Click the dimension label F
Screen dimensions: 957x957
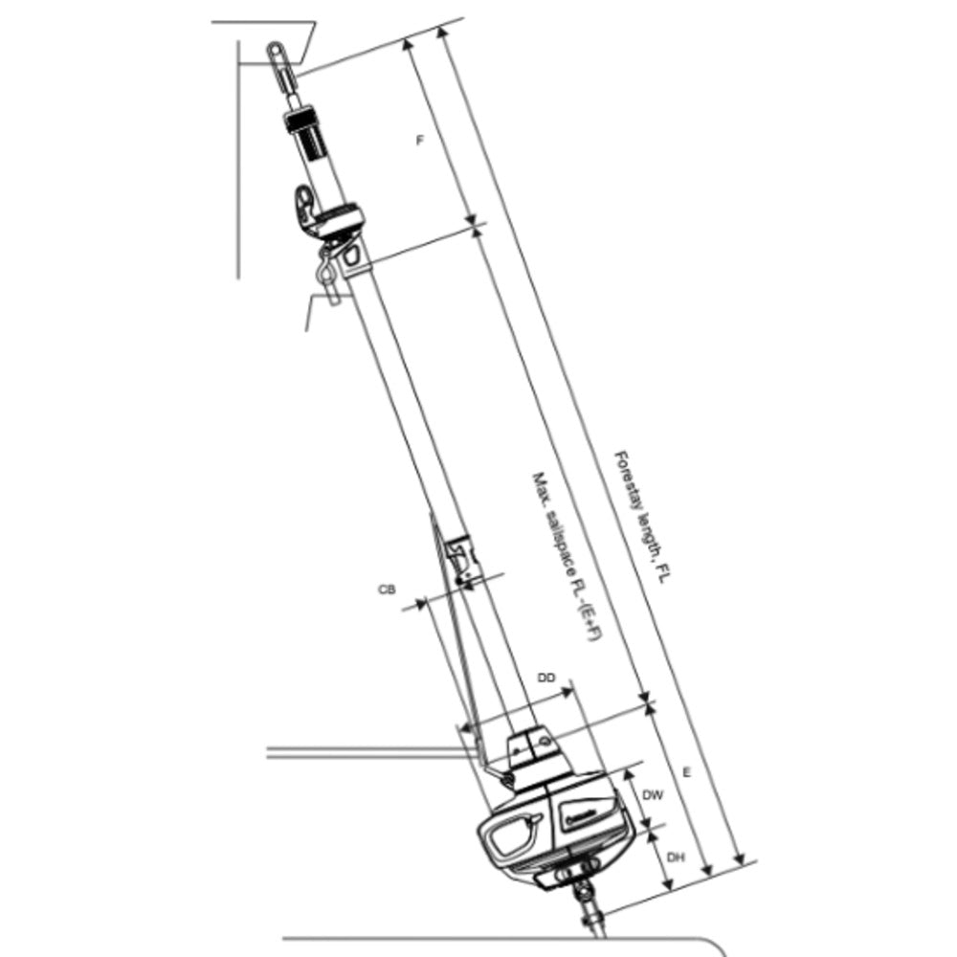point(419,141)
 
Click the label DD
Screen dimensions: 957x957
point(546,678)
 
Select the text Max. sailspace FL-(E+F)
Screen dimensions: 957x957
point(565,556)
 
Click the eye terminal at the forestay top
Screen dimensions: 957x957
point(277,54)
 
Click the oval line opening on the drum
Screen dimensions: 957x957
point(513,835)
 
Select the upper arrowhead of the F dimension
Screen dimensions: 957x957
point(408,41)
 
